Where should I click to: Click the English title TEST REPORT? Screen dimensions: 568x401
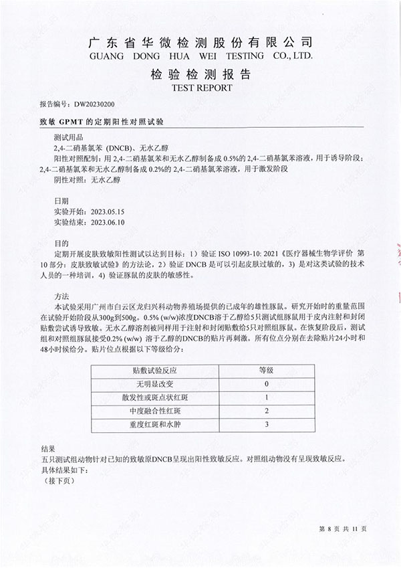pyautogui.click(x=202, y=88)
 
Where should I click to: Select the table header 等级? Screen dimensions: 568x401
pyautogui.click(x=267, y=370)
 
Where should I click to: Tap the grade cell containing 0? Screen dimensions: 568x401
pyautogui.click(x=267, y=384)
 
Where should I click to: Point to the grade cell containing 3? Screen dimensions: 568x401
pyautogui.click(x=267, y=424)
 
